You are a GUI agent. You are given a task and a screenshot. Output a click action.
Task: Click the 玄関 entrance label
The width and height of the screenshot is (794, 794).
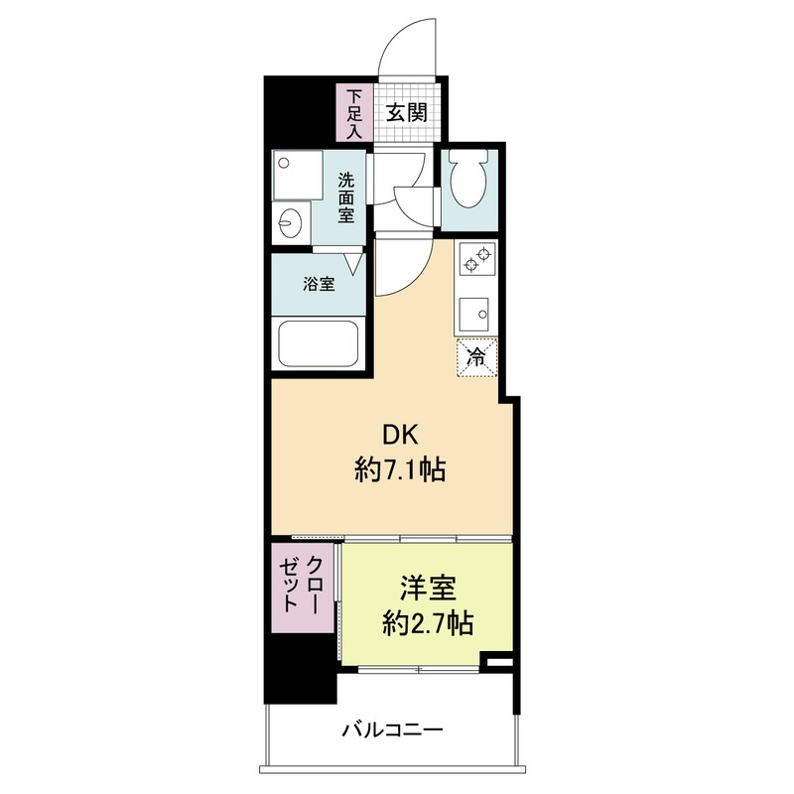tap(407, 112)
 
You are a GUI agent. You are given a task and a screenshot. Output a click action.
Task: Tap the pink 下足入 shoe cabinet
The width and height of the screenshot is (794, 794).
tap(355, 112)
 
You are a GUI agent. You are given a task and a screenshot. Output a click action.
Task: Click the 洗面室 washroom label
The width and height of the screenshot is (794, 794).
tap(346, 198)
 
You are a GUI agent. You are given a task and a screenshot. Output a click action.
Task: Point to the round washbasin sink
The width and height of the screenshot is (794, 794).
tap(291, 221)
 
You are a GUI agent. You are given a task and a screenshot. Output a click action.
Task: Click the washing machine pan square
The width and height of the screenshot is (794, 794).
tap(298, 175)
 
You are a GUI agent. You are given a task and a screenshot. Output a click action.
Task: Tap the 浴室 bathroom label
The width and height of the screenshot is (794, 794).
tap(319, 284)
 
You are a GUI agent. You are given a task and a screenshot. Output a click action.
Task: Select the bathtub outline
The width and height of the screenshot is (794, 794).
tap(318, 342)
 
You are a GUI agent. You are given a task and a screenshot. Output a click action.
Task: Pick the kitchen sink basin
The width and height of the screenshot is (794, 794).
tap(474, 314)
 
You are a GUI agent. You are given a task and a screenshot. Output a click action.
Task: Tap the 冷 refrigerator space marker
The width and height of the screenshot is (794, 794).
tap(477, 357)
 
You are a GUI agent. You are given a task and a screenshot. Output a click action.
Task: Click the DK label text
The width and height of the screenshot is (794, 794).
tap(400, 435)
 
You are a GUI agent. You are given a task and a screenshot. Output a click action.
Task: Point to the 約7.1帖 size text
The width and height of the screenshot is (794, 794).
tap(400, 469)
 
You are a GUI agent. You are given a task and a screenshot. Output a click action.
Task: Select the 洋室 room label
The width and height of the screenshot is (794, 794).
tap(428, 588)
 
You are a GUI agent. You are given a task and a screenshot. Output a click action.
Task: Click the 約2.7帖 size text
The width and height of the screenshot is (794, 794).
tap(428, 623)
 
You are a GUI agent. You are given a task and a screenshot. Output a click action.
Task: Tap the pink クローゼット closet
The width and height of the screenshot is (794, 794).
tap(304, 588)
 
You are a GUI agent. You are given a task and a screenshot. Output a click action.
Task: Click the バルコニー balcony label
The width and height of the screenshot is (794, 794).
tap(393, 729)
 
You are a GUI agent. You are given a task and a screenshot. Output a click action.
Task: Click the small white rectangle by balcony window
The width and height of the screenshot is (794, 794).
tap(500, 661)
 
